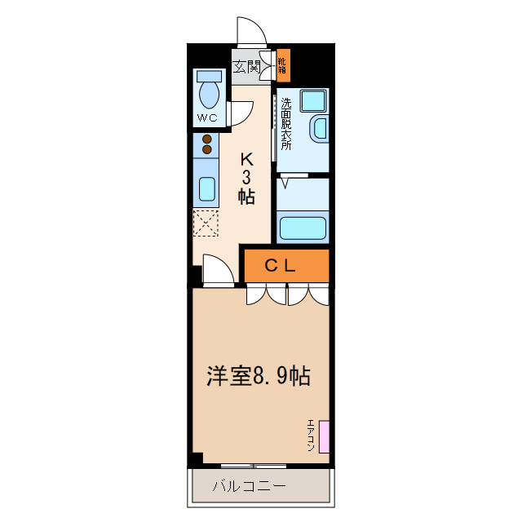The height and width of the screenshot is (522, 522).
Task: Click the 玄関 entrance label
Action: tap(246, 67)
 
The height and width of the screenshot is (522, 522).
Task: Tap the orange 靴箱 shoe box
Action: tap(282, 64)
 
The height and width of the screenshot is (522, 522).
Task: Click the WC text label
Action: tap(207, 118)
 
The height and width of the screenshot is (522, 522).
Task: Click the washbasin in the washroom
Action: tap(319, 130)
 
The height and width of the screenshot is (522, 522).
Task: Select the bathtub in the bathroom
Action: tap(303, 227)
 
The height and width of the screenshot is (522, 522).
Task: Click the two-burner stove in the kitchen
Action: tap(206, 144)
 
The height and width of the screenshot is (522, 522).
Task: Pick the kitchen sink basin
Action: tap(206, 189)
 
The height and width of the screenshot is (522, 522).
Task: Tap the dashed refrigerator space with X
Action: tap(206, 223)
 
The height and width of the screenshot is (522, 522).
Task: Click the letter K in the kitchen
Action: tap(246, 160)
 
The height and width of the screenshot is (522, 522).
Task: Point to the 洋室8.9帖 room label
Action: tap(258, 376)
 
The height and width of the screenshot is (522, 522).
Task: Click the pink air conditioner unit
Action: tap(324, 436)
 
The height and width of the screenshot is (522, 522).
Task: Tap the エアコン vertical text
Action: tap(311, 436)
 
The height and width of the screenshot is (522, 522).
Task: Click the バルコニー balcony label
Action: tap(249, 486)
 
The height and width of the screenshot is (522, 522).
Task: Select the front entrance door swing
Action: tap(251, 32)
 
